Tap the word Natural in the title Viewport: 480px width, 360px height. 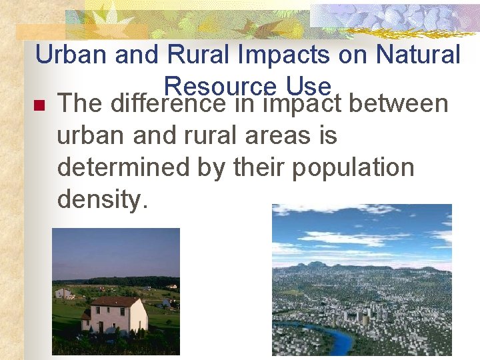click(418, 55)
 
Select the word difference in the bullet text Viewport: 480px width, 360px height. click(168, 104)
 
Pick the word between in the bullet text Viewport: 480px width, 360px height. click(398, 104)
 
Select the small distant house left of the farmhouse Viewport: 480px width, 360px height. click(64, 293)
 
